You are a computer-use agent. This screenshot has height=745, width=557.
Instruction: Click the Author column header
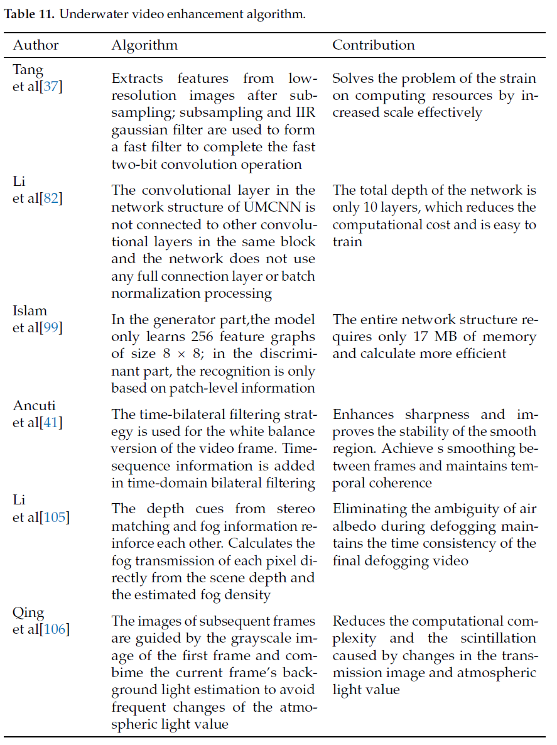[x=36, y=45]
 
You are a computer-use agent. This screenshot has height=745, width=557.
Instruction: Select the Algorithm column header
[x=144, y=45]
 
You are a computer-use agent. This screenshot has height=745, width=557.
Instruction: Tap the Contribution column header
[x=374, y=45]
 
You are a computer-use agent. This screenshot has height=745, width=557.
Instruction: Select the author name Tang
[x=28, y=69]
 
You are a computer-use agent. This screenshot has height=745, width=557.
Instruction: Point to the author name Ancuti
[x=34, y=405]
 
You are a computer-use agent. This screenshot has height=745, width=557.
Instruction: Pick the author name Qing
[x=29, y=612]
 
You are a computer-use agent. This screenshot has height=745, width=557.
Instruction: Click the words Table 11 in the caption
[x=29, y=14]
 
